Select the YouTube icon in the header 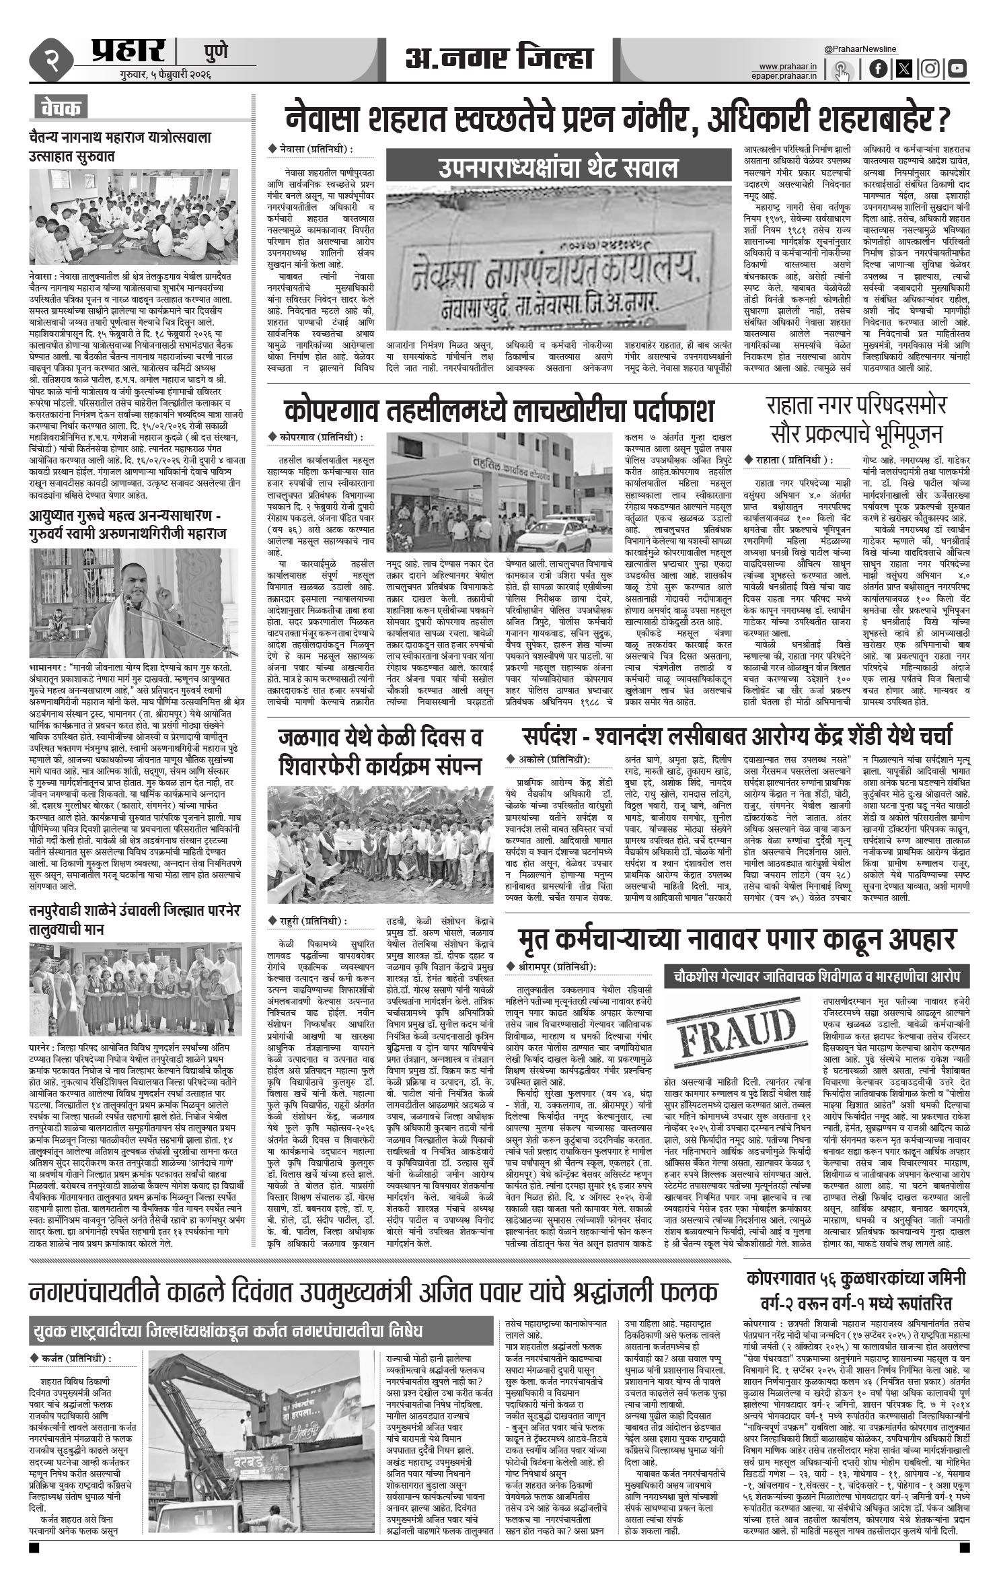[957, 69]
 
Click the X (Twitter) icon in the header [904, 69]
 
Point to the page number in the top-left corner [51, 59]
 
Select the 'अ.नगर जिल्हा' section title [498, 59]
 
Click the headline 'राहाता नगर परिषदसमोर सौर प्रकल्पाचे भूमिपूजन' [856, 421]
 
